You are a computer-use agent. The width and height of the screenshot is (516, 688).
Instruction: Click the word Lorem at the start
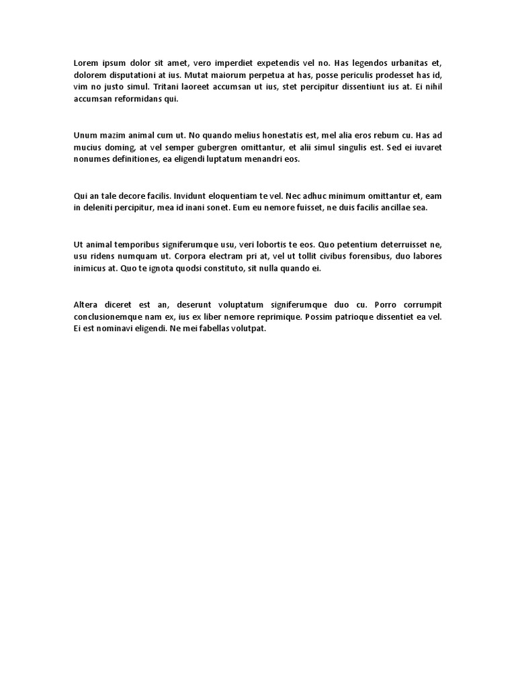(85, 63)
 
